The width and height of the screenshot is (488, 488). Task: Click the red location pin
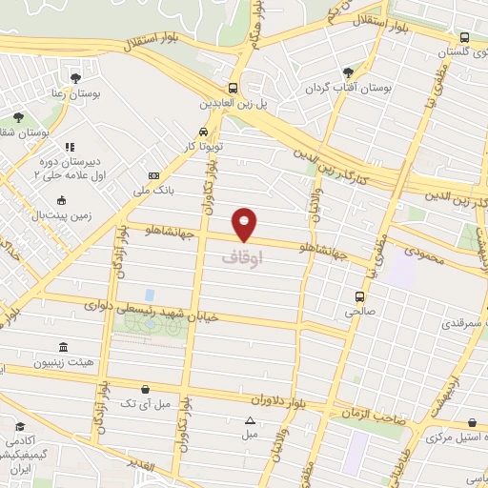click(245, 223)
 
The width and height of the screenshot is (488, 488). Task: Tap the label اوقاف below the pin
click(240, 257)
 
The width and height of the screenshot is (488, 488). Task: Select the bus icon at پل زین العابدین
click(234, 84)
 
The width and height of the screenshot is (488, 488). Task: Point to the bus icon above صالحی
click(358, 296)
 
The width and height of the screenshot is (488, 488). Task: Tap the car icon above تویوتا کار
click(203, 132)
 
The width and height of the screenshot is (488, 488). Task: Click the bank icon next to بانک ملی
click(152, 176)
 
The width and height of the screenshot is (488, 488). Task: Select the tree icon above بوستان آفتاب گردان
click(347, 72)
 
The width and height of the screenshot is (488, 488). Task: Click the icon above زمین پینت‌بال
click(62, 200)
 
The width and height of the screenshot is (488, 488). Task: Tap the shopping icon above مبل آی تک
click(144, 389)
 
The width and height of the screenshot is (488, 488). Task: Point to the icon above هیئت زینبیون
click(63, 347)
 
